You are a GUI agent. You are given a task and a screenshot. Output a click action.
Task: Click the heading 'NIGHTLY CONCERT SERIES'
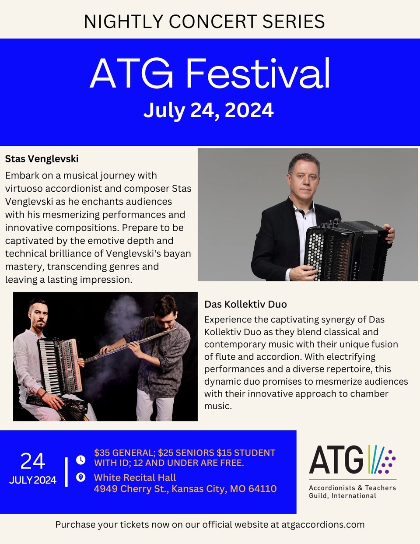204,21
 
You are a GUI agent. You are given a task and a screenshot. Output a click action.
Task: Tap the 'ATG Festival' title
210,74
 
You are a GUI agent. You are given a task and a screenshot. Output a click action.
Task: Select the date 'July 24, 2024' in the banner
208,110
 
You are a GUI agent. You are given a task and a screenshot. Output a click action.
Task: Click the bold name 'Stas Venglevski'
42,159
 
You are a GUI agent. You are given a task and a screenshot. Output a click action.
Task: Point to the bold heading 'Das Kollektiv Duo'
245,304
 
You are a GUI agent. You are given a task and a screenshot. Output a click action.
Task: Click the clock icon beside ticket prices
80,460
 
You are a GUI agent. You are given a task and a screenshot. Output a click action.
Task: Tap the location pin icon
80,477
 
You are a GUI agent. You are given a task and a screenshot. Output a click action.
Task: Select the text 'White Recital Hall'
135,477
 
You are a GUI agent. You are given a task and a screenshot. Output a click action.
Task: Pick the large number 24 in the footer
33,461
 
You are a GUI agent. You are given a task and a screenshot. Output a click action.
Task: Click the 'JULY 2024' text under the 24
33,480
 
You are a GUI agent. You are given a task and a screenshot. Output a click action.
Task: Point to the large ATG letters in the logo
336,460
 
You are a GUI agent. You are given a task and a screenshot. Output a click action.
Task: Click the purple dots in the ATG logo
387,461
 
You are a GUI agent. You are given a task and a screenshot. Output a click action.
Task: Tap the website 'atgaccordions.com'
323,524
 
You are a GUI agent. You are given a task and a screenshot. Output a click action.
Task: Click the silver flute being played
130,344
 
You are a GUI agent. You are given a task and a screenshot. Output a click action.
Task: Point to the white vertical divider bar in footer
66,472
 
